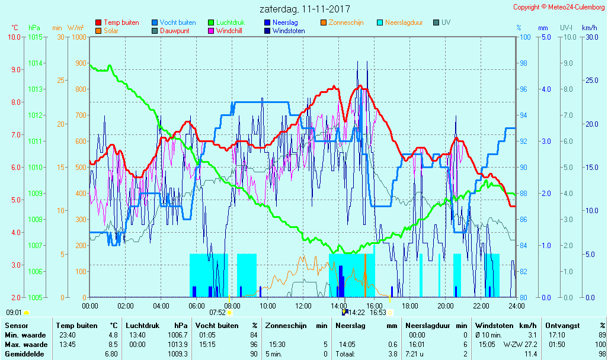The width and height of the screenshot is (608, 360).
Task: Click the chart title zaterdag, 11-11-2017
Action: [x=305, y=9]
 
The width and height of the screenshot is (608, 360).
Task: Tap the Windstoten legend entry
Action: [x=289, y=31]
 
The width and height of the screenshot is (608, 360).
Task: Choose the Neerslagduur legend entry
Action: [x=404, y=22]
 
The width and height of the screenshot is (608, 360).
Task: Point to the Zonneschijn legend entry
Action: [x=345, y=22]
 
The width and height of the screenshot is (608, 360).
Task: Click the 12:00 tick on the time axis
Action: [x=303, y=306]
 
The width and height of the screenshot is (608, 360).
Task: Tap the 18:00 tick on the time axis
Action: [x=410, y=306]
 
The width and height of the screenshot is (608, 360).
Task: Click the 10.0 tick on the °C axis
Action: [x=14, y=37]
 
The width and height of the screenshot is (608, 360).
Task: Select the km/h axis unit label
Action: [x=589, y=28]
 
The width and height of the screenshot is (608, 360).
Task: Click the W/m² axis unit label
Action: [x=75, y=28]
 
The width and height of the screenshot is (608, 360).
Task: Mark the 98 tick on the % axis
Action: [x=523, y=63]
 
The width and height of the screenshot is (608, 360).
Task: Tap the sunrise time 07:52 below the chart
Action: [x=217, y=313]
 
